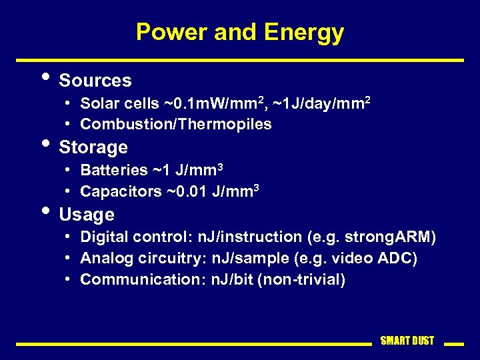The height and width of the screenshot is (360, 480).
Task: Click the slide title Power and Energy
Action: point(240,32)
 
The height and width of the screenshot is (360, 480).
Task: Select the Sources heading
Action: point(95,81)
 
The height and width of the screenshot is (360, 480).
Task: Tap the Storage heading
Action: point(93,147)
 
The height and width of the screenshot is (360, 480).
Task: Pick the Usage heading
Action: point(87,215)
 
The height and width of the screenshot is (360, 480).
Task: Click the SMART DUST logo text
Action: point(407,341)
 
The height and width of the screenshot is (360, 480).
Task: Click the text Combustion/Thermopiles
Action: point(176,124)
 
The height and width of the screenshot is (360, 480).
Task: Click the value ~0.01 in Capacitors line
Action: point(187,191)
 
